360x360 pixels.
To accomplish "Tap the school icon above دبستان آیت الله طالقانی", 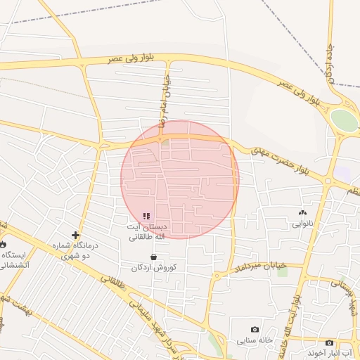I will coord(146,216).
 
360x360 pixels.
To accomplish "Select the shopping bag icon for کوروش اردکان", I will coord(153,257).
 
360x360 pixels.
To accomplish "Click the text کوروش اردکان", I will coord(154,268).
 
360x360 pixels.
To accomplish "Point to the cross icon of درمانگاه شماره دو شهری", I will coord(75,235).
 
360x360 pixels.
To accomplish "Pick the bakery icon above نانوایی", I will coord(303,212).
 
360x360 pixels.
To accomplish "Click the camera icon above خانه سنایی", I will coord(255,329).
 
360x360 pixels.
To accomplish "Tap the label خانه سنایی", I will coord(255,340).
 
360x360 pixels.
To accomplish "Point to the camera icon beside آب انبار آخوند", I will coord(329,342).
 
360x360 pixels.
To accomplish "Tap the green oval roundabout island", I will coord(344,120).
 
